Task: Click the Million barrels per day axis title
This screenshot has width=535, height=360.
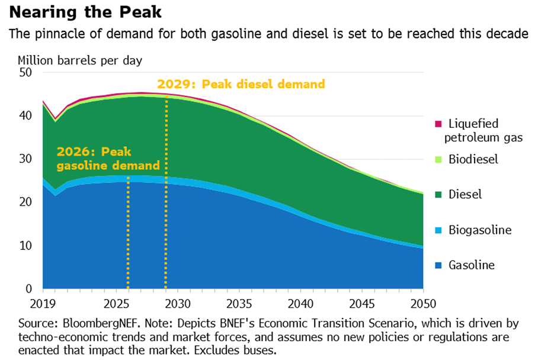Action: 80,60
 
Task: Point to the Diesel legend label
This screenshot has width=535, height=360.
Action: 465,194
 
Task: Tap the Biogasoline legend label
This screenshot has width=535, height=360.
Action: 479,230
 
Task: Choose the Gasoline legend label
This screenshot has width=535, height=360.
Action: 471,265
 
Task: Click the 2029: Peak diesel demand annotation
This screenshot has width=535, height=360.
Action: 241,84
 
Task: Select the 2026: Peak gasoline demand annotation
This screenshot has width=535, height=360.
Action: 108,158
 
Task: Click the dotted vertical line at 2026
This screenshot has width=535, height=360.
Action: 127,237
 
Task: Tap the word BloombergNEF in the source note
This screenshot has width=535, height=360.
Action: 95,324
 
